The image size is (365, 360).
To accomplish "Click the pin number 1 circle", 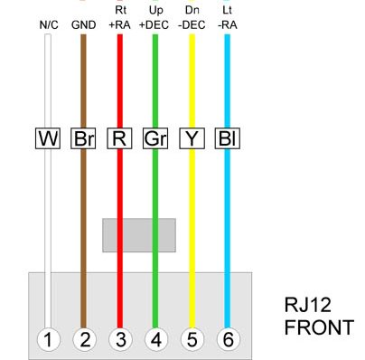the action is (48, 339).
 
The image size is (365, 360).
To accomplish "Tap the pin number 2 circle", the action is (84, 339).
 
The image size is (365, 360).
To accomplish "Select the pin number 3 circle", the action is (120, 339).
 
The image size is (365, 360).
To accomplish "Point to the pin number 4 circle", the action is (156, 339).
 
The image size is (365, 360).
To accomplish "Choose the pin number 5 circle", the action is (192, 339).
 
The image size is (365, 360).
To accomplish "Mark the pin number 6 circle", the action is (229, 339).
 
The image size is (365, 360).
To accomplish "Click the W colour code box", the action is (48, 138).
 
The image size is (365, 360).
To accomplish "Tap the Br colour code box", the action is (83, 138).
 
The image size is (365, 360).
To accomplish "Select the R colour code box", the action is (119, 138).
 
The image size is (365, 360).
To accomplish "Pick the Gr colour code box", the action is (155, 138).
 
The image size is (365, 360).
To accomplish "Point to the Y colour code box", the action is (192, 138).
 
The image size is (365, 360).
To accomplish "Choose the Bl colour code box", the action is (228, 138).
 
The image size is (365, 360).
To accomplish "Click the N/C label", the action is (49, 25).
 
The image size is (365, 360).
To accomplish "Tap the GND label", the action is (84, 25).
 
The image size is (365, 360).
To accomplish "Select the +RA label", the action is (119, 25).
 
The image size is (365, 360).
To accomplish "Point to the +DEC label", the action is (154, 25).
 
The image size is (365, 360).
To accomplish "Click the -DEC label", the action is (192, 25).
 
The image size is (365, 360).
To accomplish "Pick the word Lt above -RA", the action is (227, 10).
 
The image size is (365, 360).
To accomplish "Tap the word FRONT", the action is (319, 327).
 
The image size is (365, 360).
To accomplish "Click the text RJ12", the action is (307, 305).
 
